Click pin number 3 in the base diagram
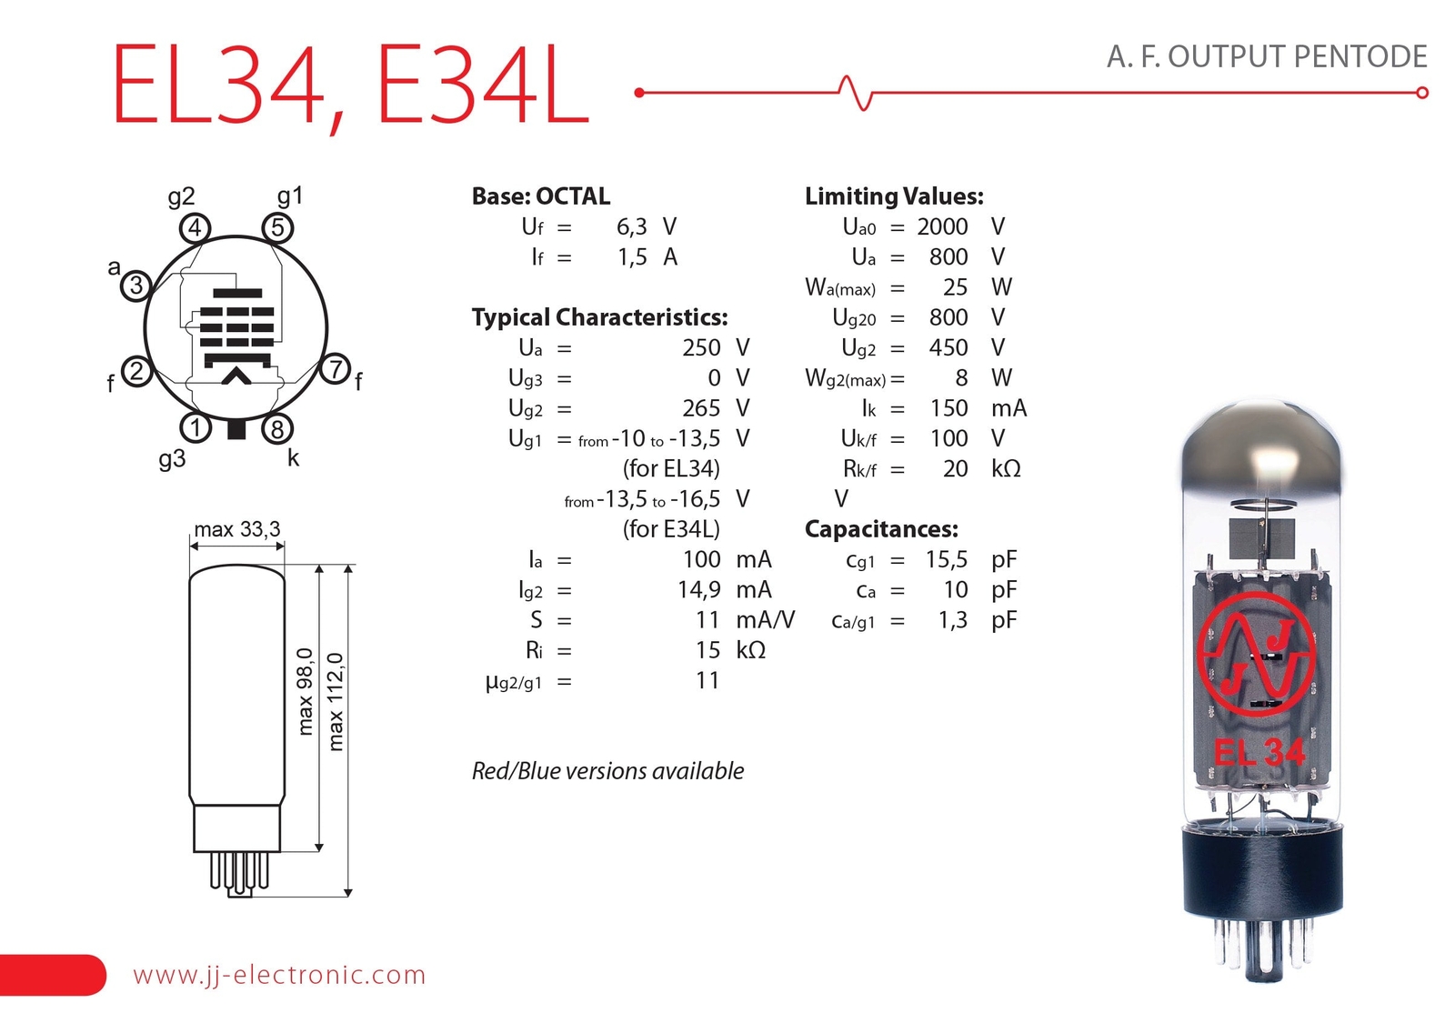pos(135,286)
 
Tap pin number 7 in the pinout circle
pos(336,369)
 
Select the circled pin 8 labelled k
pos(277,428)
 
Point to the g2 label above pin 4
pos(181,196)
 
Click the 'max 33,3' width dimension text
pos(236,529)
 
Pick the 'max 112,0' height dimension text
pos(336,702)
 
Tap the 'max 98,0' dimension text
pos(305,691)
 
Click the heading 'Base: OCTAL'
pos(540,196)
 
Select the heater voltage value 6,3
pos(631,227)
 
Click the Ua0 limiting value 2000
pos(942,226)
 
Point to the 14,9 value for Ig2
pos(698,590)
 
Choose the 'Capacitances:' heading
pos(880,529)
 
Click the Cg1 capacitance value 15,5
pos(946,559)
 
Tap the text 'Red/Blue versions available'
pos(607,771)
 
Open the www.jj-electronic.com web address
pos(279,975)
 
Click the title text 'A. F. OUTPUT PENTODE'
pos(1266,56)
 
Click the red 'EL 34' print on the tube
pos(1259,752)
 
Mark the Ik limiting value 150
pos(948,408)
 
